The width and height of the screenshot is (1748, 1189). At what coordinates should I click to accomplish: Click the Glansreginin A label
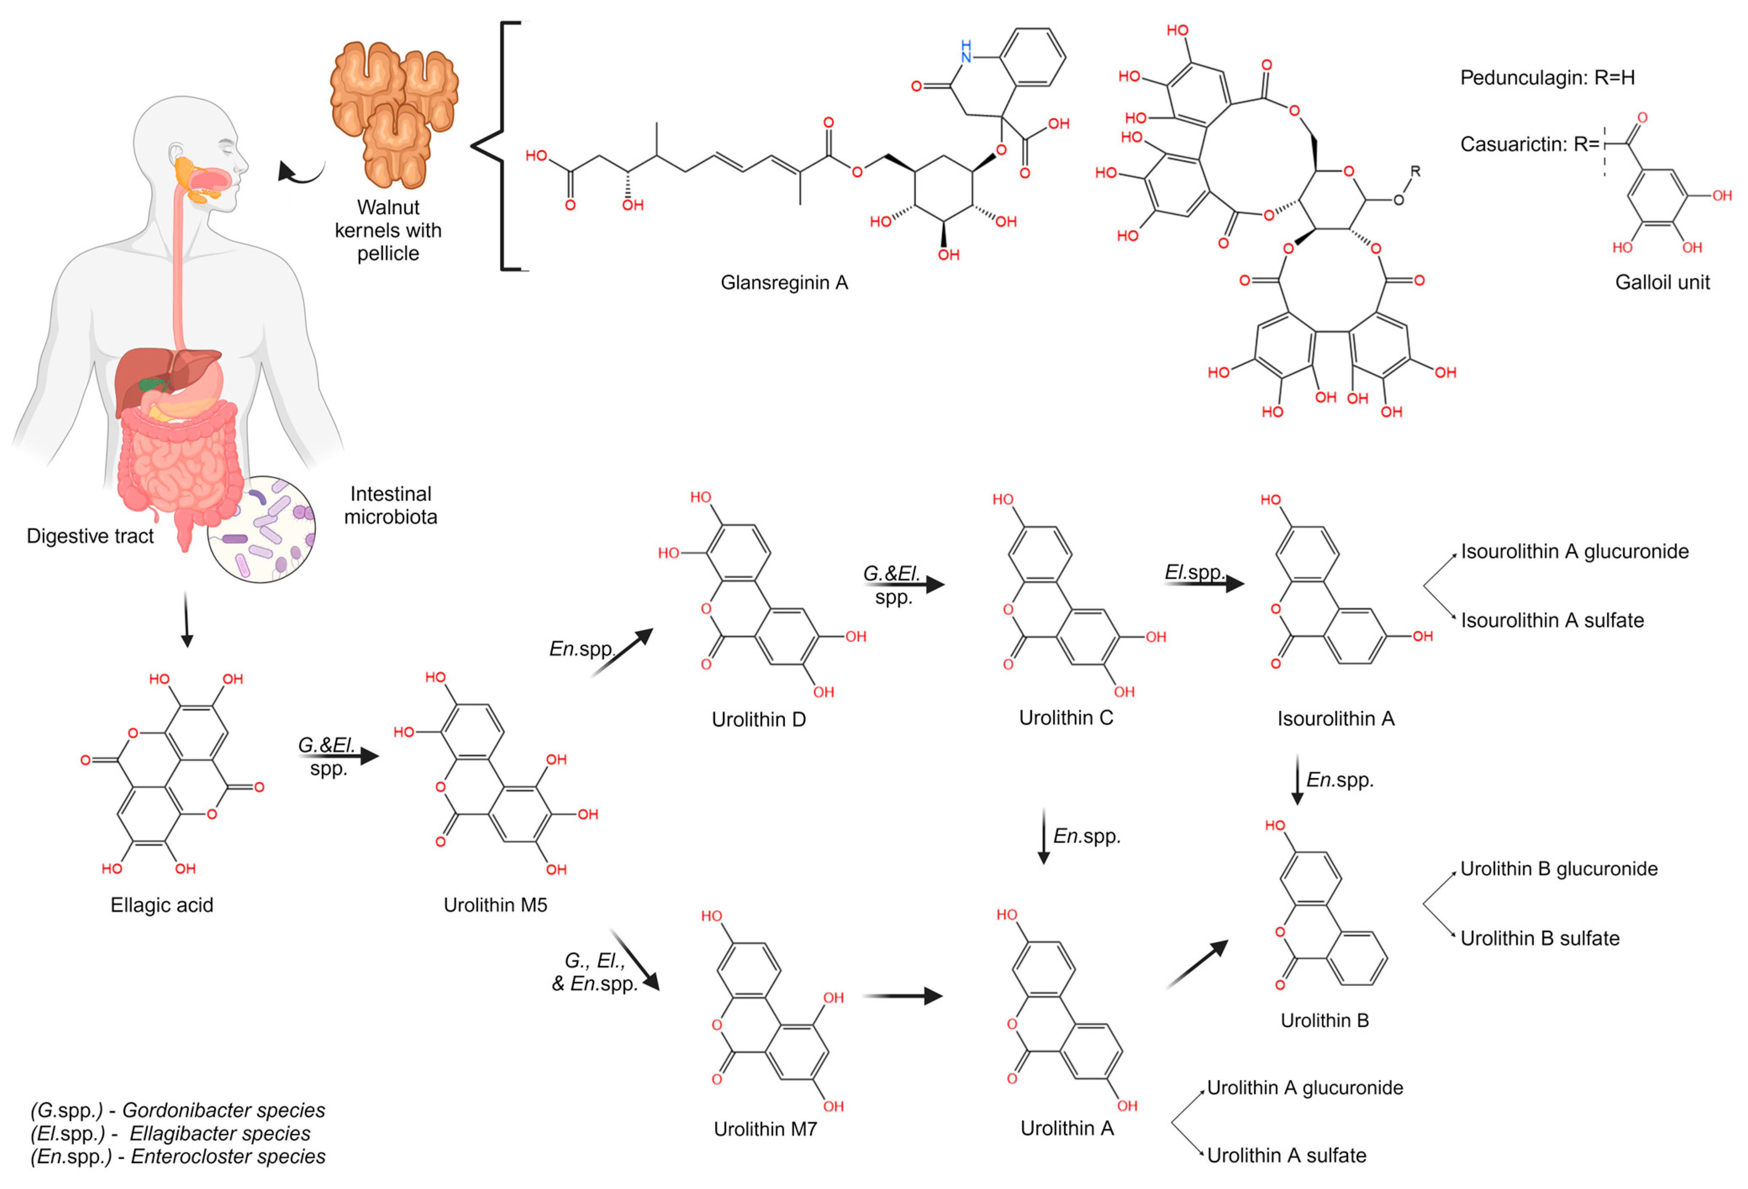point(784,283)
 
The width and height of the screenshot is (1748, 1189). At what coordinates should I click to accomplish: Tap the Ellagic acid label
point(162,905)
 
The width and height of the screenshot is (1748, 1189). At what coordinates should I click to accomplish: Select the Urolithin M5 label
point(495,905)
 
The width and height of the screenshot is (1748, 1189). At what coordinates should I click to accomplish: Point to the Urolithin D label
point(758,720)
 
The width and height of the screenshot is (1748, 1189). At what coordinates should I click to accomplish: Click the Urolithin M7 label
point(765,1129)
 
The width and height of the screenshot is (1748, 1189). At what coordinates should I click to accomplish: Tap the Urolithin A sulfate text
point(1286,1155)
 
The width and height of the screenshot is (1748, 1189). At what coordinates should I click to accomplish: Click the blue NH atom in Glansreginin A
point(966,51)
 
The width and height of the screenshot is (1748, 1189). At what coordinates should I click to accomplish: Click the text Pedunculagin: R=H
point(1547,77)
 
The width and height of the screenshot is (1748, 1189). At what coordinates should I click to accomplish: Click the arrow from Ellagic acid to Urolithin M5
point(339,756)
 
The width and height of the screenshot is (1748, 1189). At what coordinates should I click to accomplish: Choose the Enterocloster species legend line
point(177,1157)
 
